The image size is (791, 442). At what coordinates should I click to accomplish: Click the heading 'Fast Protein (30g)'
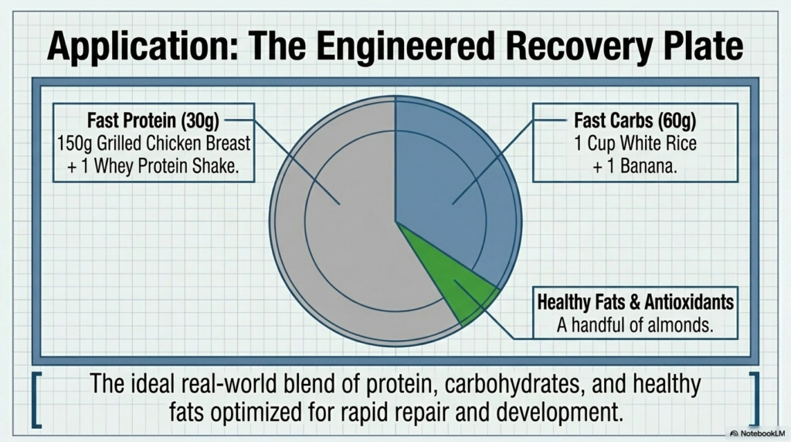(154, 121)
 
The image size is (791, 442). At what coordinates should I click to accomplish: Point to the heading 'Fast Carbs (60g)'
(635, 121)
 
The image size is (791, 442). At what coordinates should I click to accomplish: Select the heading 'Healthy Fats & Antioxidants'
(635, 301)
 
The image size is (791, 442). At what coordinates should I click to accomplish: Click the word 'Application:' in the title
(142, 46)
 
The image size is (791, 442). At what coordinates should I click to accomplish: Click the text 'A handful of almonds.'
(635, 325)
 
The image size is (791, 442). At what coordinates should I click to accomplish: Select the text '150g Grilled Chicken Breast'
(154, 143)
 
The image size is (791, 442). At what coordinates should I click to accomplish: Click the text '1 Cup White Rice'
(635, 143)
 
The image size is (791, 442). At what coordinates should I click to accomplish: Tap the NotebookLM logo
(757, 433)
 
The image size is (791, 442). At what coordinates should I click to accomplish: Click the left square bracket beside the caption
(36, 399)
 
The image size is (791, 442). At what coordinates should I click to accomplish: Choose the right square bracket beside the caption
(754, 399)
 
